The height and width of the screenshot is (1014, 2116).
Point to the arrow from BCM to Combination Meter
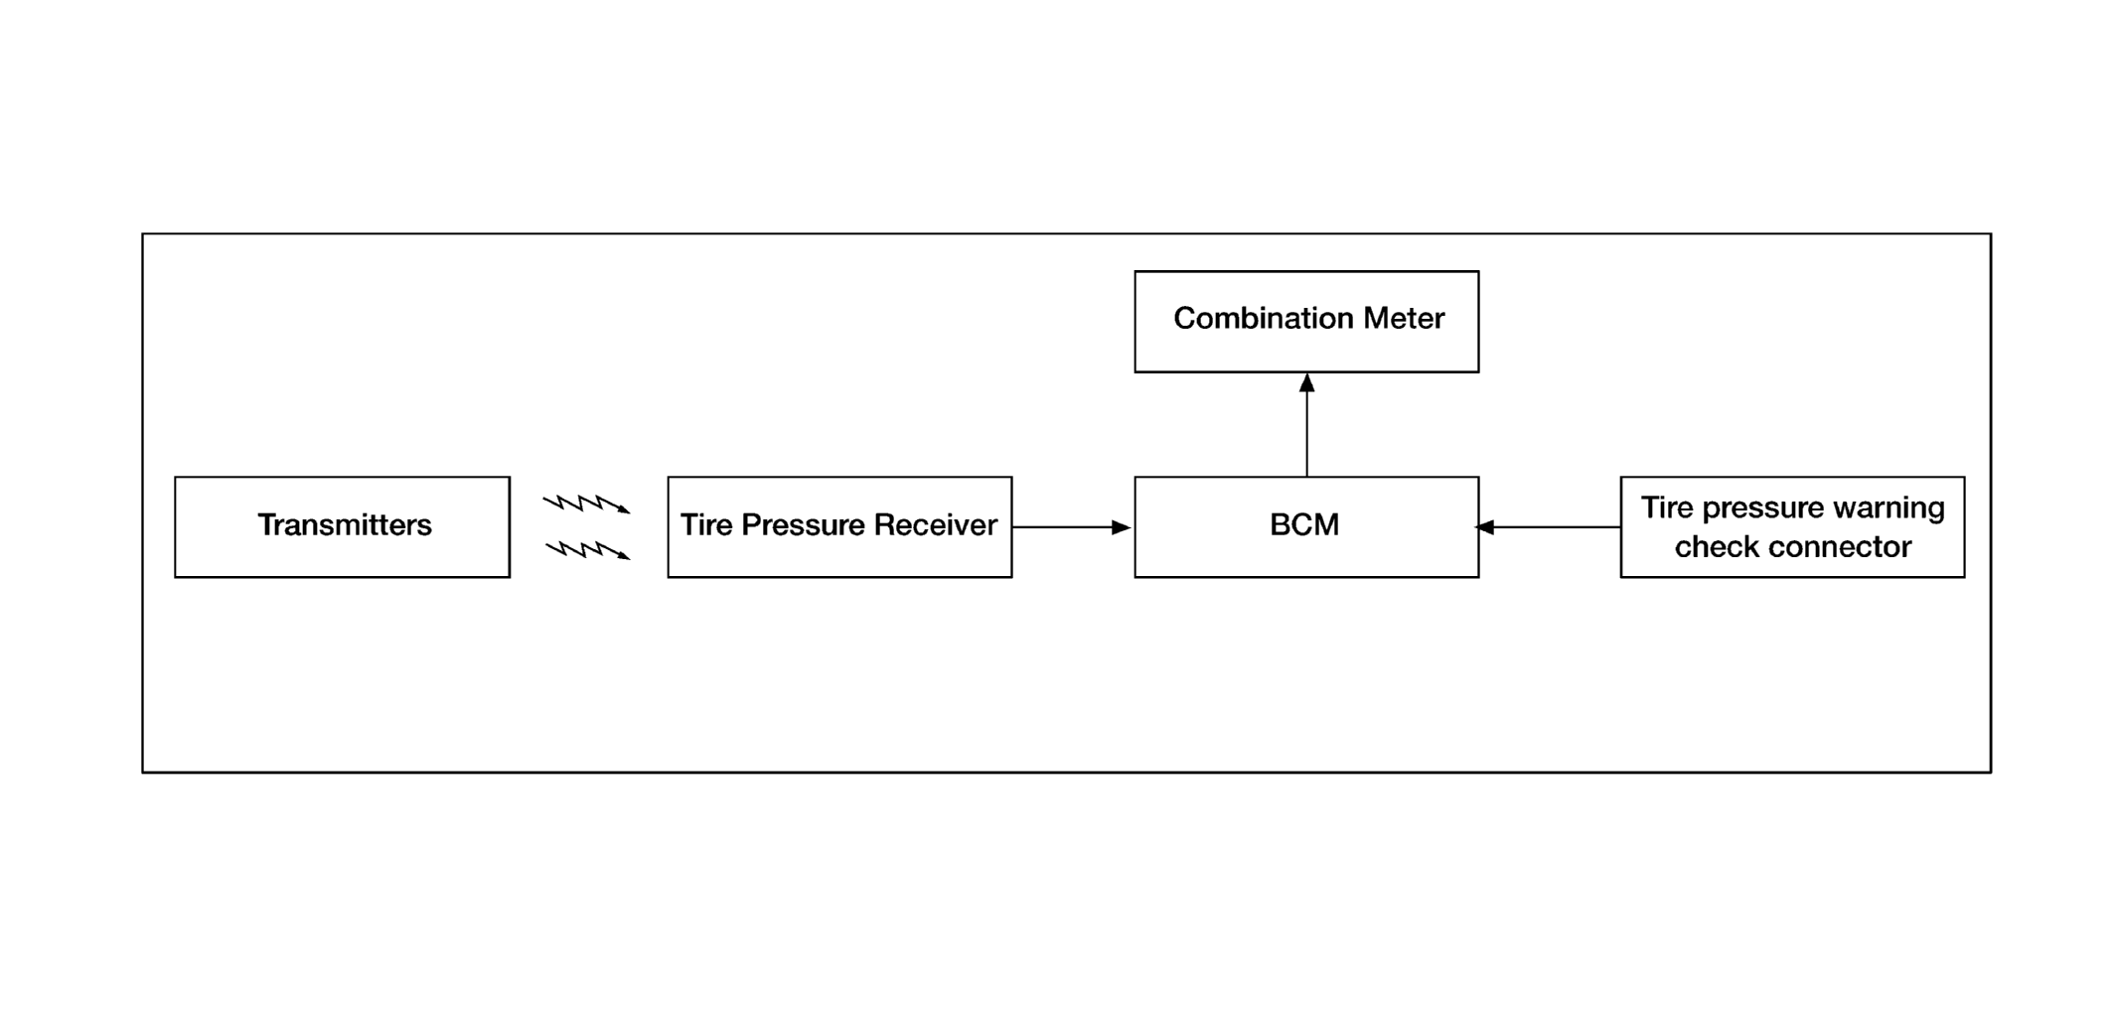pos(1306,425)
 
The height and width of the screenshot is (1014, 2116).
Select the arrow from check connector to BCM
pos(1550,527)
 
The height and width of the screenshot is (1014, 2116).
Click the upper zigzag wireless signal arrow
pos(586,504)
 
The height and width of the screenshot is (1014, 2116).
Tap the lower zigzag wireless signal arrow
pos(588,549)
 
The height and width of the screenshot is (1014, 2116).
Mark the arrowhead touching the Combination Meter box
pos(1306,382)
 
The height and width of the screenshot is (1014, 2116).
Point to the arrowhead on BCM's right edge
pos(1486,527)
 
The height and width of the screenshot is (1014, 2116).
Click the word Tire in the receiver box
pos(705,524)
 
